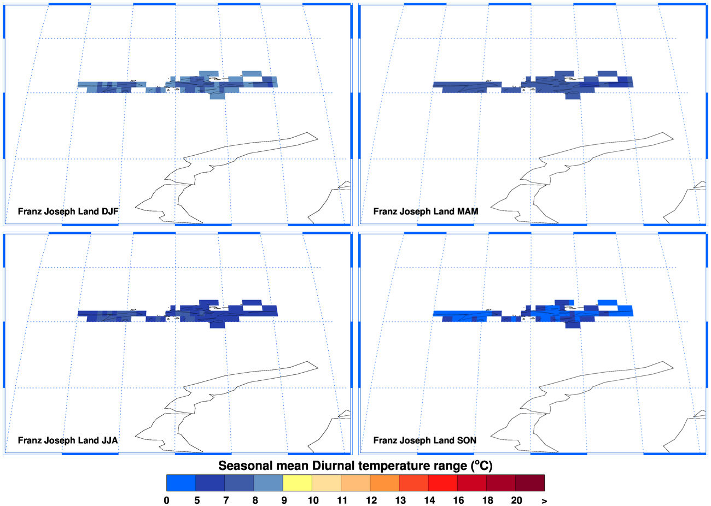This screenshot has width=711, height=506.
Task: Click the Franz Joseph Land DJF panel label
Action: (x=68, y=211)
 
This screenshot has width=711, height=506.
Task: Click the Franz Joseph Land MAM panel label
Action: (x=426, y=211)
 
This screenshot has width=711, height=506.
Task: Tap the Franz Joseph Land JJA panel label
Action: (x=68, y=440)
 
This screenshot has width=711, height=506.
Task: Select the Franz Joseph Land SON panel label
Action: (x=425, y=440)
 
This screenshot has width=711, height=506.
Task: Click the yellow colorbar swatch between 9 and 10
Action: (x=297, y=483)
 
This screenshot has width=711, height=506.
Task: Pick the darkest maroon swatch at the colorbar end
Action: (x=529, y=483)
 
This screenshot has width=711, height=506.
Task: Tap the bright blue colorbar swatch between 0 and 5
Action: (x=181, y=483)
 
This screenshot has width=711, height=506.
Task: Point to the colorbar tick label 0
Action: (x=167, y=500)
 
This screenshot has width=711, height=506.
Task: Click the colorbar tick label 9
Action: (x=284, y=500)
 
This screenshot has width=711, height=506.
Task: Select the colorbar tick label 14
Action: (x=429, y=500)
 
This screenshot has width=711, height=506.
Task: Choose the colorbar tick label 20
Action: (x=516, y=500)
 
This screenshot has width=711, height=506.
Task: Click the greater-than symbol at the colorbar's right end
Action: (x=544, y=501)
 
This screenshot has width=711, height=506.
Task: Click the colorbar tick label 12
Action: (x=371, y=500)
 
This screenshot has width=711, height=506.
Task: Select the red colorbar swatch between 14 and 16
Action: (x=442, y=483)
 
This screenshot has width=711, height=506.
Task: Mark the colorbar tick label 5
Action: (x=197, y=500)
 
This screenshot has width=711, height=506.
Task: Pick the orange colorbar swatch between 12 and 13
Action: (x=384, y=483)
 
